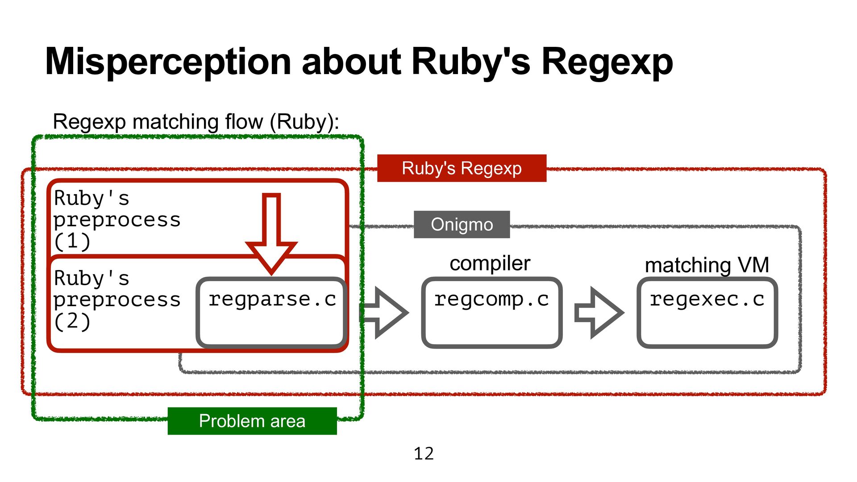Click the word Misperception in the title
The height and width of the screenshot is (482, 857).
click(x=169, y=62)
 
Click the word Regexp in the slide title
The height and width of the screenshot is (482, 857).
click(x=607, y=62)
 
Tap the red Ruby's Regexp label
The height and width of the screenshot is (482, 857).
click(x=462, y=168)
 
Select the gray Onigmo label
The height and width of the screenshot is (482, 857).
click(x=462, y=224)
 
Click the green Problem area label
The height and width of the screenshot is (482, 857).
click(x=252, y=421)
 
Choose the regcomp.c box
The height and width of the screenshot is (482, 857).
click(x=491, y=312)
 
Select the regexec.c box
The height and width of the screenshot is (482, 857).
click(x=707, y=312)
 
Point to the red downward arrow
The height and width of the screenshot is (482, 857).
click(x=271, y=232)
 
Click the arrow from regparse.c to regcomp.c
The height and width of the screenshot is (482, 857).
click(x=385, y=312)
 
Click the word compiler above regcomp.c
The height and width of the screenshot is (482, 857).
click(x=490, y=263)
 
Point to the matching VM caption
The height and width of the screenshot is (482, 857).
click(x=707, y=265)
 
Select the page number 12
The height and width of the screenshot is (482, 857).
click(x=424, y=454)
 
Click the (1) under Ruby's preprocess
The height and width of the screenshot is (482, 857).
click(x=72, y=241)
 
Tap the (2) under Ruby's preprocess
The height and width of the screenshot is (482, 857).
click(x=72, y=322)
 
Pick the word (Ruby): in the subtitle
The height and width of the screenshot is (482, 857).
click(x=304, y=122)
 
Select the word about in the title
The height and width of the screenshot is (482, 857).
click(x=351, y=62)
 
